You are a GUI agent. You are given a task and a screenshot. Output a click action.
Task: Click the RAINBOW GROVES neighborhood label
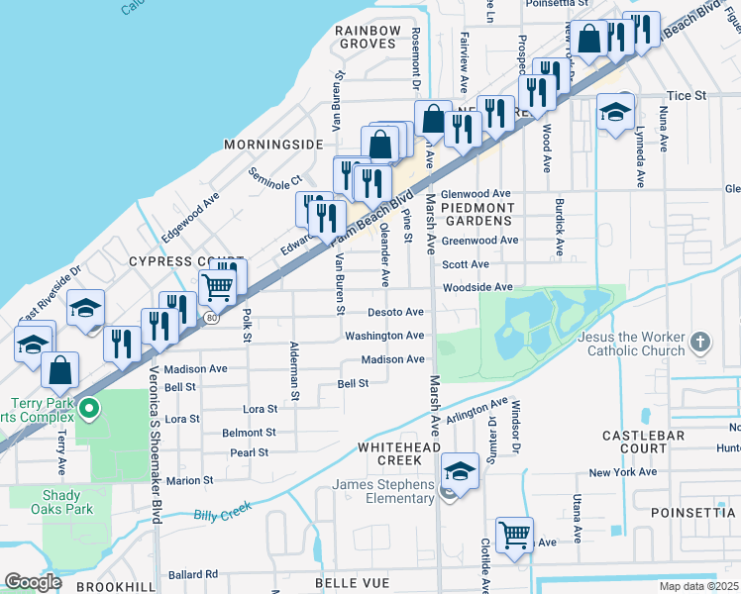coord(368,38)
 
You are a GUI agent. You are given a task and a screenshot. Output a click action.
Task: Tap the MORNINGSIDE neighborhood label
coord(273,145)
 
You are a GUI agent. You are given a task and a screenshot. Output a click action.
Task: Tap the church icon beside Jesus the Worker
coord(700,343)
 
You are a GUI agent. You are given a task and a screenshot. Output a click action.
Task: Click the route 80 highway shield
coord(211,317)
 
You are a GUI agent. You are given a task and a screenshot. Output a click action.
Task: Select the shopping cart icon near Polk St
coord(217,287)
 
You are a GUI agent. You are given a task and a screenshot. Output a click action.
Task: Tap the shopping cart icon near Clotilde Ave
coord(514,535)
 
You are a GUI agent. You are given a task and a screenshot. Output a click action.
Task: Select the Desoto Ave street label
coord(395,312)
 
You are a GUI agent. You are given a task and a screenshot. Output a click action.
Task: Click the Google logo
coord(34,582)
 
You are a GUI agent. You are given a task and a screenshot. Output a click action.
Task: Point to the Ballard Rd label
coord(192,574)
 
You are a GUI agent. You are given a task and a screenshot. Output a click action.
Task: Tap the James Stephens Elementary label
coord(383,491)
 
